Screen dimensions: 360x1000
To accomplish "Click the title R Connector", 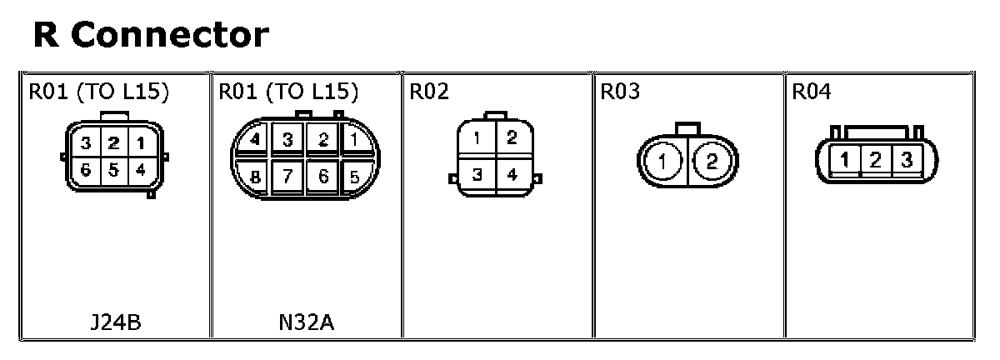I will tap(151, 35).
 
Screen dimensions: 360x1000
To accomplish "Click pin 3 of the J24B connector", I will tap(86, 143).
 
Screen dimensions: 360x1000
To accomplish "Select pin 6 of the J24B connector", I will tap(86, 169).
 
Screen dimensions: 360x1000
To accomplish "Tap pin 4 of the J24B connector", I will tap(141, 169).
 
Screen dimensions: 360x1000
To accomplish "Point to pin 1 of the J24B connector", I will tap(141, 143).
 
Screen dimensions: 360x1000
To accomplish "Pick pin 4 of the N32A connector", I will tap(253, 139).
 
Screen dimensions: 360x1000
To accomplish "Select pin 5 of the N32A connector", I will tap(355, 177).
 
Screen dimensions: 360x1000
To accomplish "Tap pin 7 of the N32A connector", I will tap(288, 177).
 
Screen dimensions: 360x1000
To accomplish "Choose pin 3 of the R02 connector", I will tap(477, 174).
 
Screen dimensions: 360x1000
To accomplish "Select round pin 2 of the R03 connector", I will tap(711, 161).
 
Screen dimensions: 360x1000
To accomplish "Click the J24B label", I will tap(115, 322).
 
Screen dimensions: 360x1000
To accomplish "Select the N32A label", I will tap(306, 322).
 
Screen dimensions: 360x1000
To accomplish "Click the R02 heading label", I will tap(428, 92).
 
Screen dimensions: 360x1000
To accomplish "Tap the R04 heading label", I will tap(811, 92).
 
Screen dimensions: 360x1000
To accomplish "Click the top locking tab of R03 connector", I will tap(687, 127).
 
